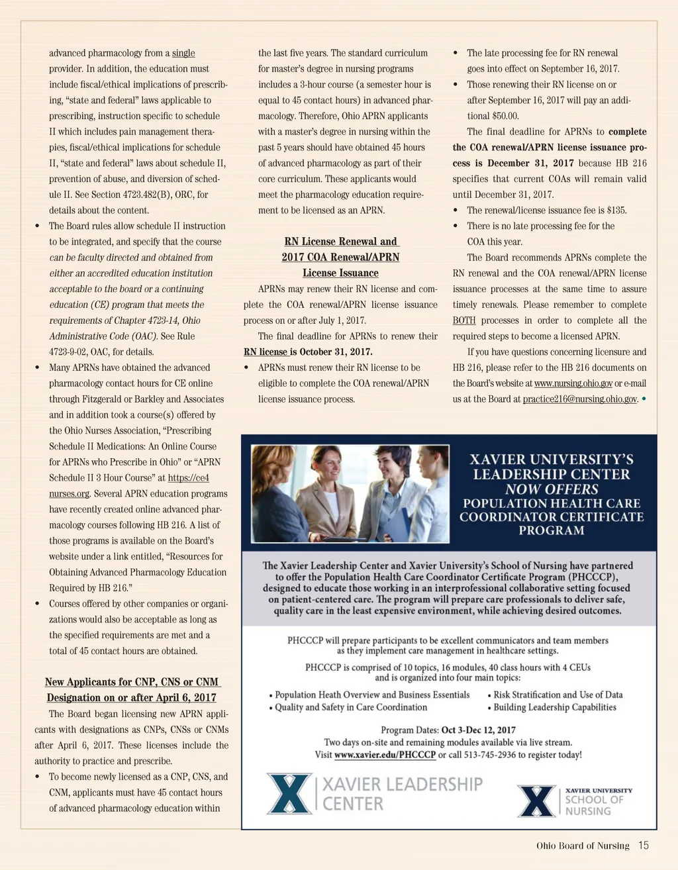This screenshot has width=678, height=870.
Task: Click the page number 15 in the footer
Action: point(644,846)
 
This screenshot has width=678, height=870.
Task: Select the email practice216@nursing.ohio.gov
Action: point(579,399)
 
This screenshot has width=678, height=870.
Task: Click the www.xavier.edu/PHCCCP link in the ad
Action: point(385,755)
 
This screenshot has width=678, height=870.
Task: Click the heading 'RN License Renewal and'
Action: point(341,242)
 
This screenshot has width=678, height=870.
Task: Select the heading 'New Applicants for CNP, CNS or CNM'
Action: point(131,682)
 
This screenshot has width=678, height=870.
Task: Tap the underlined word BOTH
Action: point(464,320)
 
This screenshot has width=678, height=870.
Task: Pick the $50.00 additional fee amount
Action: point(503,116)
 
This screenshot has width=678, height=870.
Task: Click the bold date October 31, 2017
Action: point(336,352)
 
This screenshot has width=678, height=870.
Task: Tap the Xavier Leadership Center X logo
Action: point(289,793)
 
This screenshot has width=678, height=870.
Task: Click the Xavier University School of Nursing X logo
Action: point(536,800)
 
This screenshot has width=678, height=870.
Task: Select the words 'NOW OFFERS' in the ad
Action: point(551,489)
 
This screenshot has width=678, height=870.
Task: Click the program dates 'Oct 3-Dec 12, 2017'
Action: point(478,730)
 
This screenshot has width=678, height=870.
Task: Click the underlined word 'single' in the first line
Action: point(183,53)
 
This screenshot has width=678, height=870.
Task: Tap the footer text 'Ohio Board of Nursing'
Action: point(583,846)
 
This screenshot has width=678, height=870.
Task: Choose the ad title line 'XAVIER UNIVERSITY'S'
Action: point(551,459)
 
